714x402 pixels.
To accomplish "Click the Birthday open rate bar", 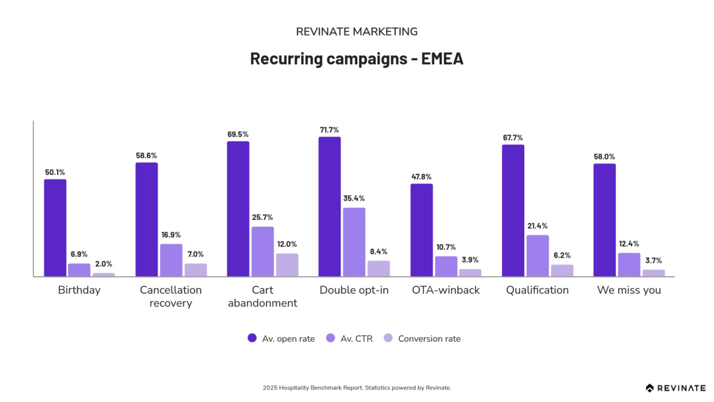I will pos(55,228).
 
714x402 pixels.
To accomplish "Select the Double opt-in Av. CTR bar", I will pos(354,242).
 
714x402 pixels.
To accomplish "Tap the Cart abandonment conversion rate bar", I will pos(287,265).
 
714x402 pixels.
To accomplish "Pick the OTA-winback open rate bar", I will pos(422,230).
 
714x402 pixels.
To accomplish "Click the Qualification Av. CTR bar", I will pos(537,256).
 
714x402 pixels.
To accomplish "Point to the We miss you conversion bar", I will pos(653,273).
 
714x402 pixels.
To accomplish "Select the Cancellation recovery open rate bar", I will pos(146,220).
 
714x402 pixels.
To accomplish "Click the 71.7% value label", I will pos(330,129).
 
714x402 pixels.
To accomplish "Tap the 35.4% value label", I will pos(354,198).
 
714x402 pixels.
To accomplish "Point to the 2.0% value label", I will pos(104,264).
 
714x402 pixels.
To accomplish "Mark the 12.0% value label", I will pos(287,244).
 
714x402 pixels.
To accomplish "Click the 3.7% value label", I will pos(653,260).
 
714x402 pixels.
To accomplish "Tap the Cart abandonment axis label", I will pos(263,297).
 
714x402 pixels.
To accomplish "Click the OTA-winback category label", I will pos(446,290).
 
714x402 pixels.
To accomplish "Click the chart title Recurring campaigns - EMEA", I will pos(356,59).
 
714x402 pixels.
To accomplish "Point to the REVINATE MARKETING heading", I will pos(356,32).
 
